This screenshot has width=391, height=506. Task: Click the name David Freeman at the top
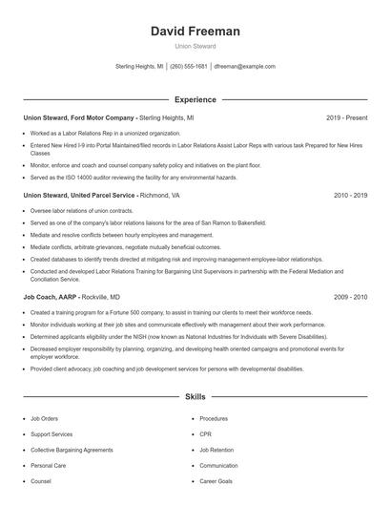tap(195, 32)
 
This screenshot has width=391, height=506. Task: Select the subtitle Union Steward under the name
tap(195, 46)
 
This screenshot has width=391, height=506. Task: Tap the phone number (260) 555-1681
tap(189, 67)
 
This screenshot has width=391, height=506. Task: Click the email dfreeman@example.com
tap(245, 67)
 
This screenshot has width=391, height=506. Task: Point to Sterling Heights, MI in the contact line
tap(139, 67)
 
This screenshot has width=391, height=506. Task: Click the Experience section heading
tap(195, 99)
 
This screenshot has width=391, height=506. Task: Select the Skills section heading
tap(195, 395)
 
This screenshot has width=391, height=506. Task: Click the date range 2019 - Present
tap(346, 117)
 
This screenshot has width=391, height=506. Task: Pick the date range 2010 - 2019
tap(350, 194)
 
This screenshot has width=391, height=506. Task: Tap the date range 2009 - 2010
tap(350, 297)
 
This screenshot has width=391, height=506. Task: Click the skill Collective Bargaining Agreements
tap(71, 450)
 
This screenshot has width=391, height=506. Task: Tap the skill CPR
tap(206, 434)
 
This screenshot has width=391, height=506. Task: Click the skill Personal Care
tap(48, 466)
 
